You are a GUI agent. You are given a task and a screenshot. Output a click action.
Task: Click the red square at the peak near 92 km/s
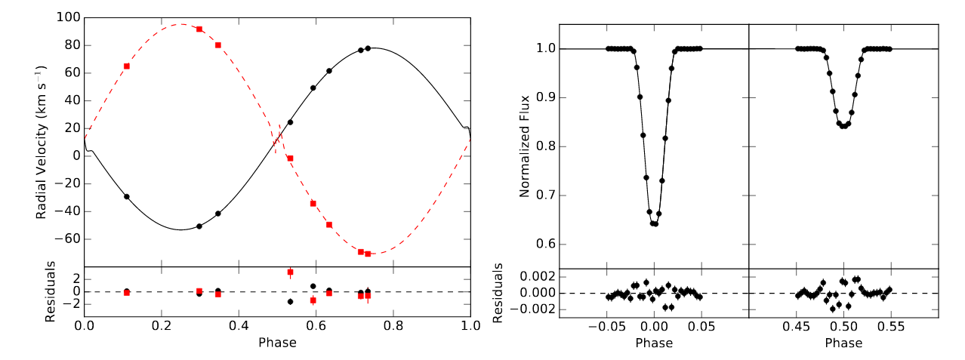pyautogui.click(x=199, y=29)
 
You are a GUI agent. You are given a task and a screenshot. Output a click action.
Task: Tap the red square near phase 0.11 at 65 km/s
pyautogui.click(x=127, y=66)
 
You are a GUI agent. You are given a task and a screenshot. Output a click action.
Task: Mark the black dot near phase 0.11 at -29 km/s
pyautogui.click(x=127, y=196)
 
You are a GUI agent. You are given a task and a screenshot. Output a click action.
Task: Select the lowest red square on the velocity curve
pyautogui.click(x=368, y=254)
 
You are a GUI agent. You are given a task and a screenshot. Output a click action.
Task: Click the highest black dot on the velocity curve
pyautogui.click(x=368, y=48)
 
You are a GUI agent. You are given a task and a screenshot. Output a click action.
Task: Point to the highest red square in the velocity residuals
pyautogui.click(x=290, y=272)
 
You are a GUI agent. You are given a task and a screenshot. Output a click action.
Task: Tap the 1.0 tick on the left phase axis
pyautogui.click(x=470, y=329)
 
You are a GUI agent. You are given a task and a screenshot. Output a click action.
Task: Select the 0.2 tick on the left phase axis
pyautogui.click(x=162, y=329)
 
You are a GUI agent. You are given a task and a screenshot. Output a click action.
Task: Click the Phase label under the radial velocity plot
pyautogui.click(x=277, y=343)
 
